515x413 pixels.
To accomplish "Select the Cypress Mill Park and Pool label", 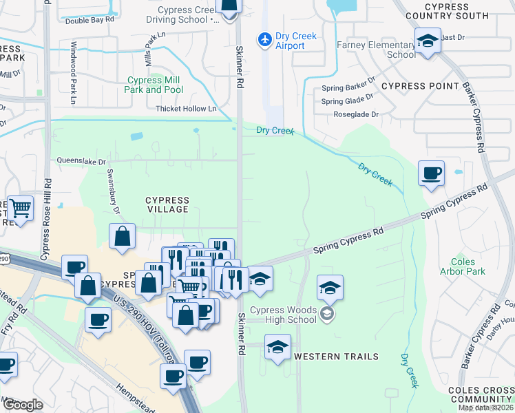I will [154, 85].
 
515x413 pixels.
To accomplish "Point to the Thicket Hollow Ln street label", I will [186, 109].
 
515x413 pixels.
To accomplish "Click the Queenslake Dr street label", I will [83, 162].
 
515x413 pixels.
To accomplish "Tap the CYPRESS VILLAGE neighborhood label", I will [167, 204].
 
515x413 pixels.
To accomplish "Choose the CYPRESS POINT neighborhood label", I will [420, 86].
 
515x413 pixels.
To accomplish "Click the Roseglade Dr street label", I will [356, 115].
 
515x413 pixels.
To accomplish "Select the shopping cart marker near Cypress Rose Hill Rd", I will [21, 207].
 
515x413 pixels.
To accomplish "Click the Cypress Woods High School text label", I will [282, 315].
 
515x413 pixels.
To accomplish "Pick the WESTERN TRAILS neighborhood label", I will [336, 357].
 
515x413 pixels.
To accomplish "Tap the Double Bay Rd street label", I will [89, 21].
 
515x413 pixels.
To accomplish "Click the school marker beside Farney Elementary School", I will [428, 41].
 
